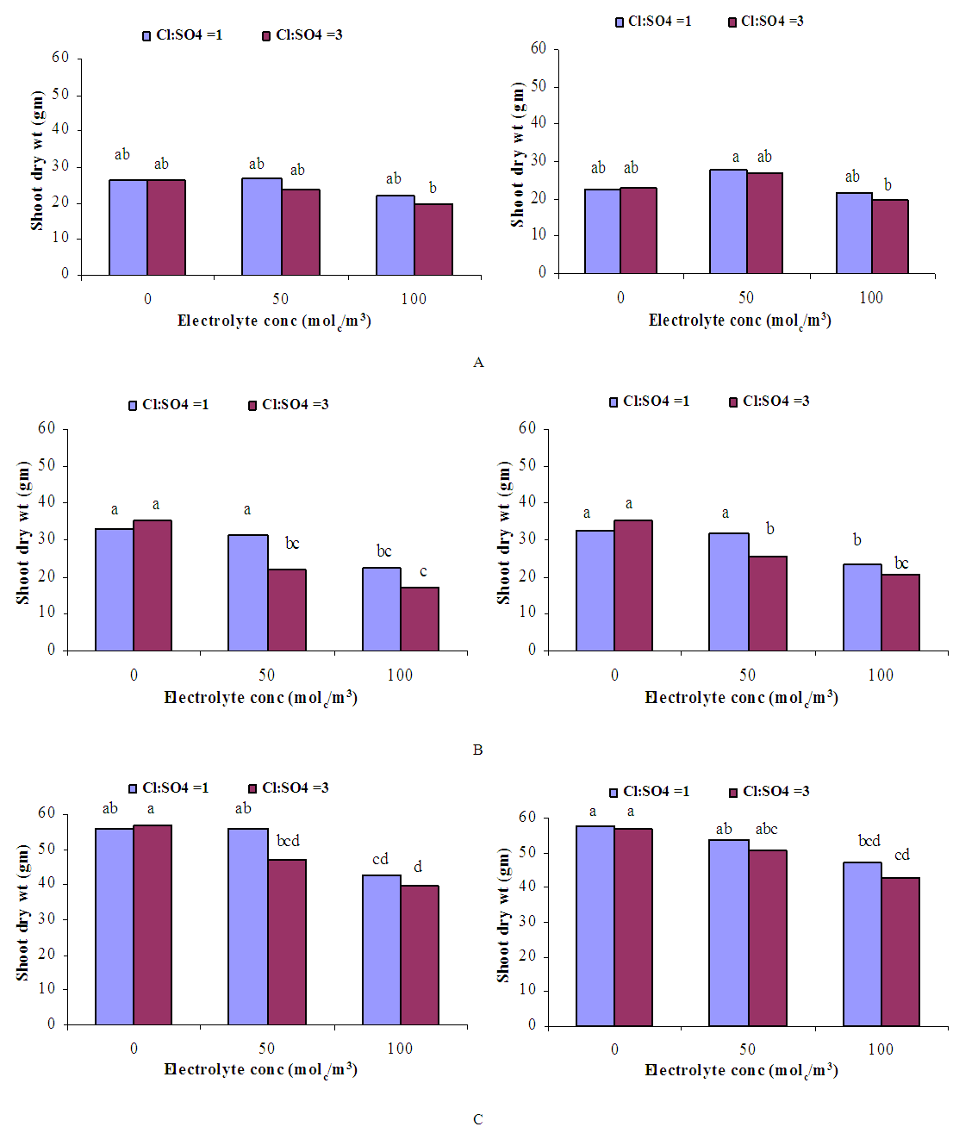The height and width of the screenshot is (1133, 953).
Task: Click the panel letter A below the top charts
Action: click(478, 363)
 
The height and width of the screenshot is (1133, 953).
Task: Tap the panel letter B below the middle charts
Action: click(478, 750)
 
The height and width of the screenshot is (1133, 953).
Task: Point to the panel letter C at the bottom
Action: click(478, 1119)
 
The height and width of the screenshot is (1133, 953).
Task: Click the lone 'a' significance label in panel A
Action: click(736, 157)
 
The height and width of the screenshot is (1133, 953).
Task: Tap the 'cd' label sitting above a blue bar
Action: click(380, 859)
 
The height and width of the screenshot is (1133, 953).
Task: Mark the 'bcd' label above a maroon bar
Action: click(288, 841)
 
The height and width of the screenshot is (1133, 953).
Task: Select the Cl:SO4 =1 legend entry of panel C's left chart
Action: click(168, 788)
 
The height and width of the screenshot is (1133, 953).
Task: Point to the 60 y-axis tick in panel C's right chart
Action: click(526, 817)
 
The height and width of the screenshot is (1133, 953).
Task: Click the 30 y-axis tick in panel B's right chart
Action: click(526, 538)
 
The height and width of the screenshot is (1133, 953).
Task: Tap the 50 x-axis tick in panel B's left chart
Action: click(267, 675)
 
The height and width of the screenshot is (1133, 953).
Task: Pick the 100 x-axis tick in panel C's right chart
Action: click(881, 1049)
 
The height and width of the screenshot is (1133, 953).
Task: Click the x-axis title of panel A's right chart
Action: click(739, 321)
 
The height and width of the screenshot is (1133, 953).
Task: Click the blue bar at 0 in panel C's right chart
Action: click(595, 925)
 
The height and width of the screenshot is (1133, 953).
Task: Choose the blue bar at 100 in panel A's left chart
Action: click(395, 235)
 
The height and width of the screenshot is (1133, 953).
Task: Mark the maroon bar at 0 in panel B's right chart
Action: click(633, 585)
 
